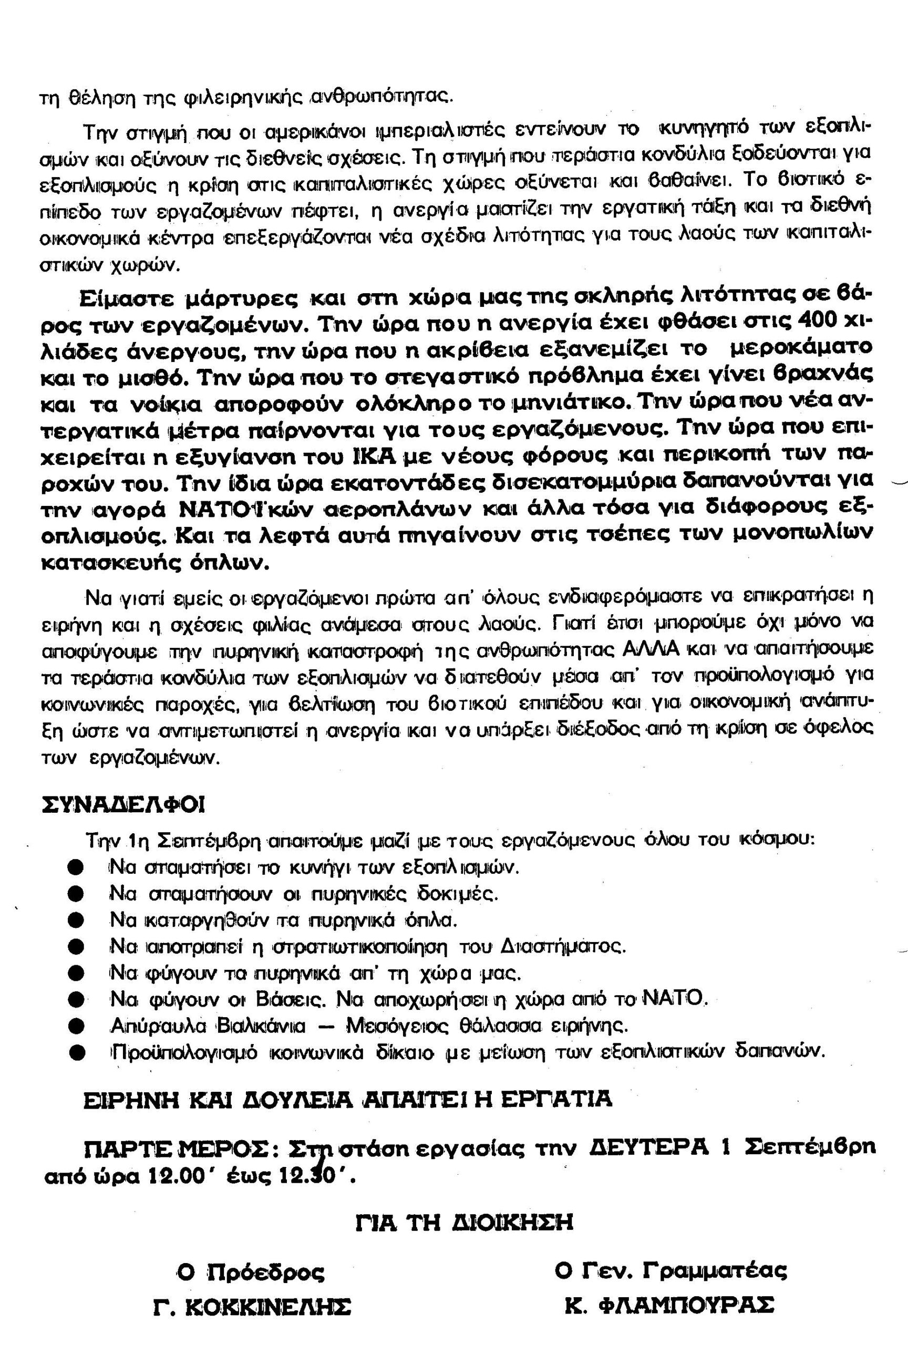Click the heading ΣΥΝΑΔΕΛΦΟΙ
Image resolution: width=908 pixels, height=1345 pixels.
point(124,805)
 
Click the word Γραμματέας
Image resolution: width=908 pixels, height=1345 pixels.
point(715,1271)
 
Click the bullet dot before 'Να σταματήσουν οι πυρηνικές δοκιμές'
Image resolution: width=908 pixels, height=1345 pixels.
point(75,894)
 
